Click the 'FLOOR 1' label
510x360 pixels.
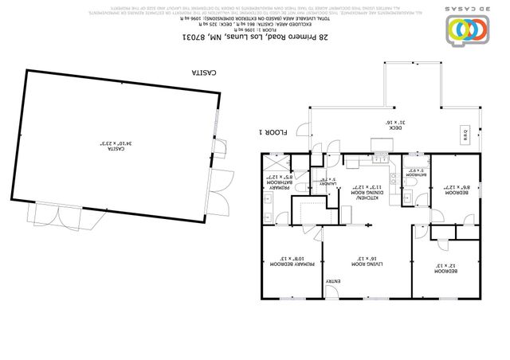273,132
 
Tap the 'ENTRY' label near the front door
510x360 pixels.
333,281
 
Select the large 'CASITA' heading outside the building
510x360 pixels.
206,72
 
